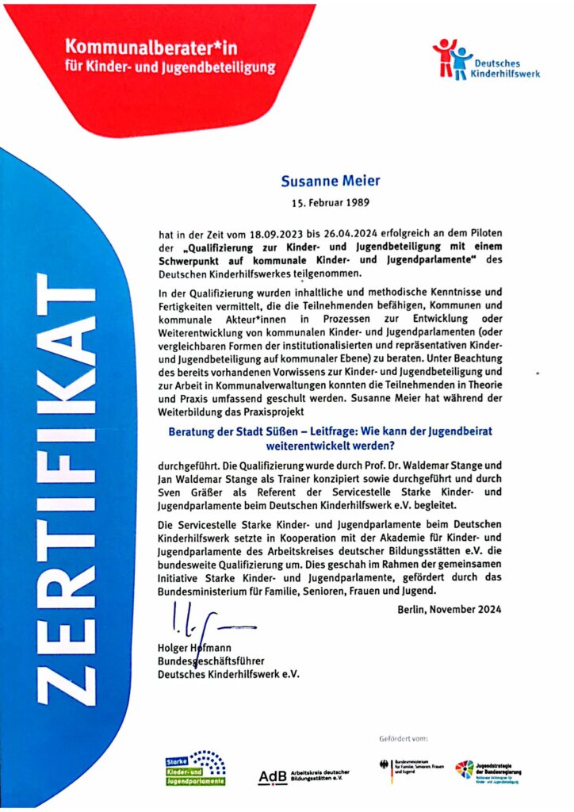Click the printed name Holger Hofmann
pos(193,648)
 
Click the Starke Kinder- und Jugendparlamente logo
pos(195,767)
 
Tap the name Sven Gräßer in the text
pos(185,492)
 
